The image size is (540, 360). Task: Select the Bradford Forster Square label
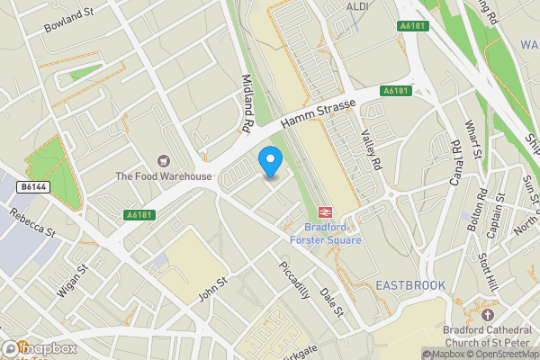point(326,234)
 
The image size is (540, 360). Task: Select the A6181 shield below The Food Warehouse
point(139,215)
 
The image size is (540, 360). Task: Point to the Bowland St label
point(69,22)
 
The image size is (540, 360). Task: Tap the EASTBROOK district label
point(409,285)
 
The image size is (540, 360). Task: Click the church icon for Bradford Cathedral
point(488,316)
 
